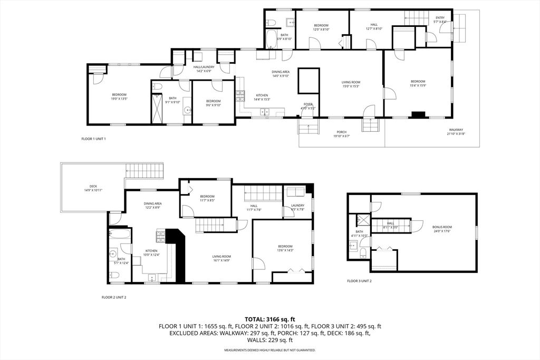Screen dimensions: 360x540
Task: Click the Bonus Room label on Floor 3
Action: [442, 229]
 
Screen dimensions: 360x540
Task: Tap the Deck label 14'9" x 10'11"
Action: [93, 188]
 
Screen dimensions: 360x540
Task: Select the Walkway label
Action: [456, 132]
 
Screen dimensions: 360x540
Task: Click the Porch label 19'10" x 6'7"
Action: [342, 134]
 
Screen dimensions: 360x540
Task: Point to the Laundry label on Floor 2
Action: [297, 207]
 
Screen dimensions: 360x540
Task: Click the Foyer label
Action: [308, 106]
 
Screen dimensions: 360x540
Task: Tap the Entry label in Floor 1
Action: [440, 20]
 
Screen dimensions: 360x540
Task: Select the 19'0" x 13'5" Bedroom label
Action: [119, 96]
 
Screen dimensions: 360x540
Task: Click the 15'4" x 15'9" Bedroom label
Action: [418, 83]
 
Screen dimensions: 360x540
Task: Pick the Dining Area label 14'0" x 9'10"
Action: [281, 74]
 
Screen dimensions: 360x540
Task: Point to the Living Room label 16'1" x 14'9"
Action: [221, 258]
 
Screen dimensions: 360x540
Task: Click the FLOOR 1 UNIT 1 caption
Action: [93, 139]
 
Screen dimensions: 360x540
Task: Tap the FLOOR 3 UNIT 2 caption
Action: [359, 281]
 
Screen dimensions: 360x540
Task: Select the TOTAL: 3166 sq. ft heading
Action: [270, 319]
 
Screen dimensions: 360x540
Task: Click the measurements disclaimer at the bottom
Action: [270, 350]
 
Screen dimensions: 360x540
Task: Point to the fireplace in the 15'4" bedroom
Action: [419, 113]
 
